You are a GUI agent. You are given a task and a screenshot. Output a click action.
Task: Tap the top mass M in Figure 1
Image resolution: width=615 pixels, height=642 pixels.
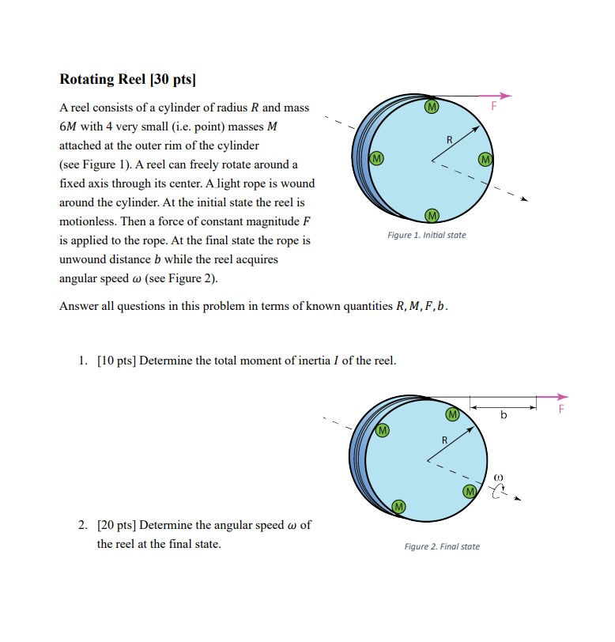coord(431,106)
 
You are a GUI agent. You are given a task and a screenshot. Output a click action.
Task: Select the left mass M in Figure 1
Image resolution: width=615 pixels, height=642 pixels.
coord(377,158)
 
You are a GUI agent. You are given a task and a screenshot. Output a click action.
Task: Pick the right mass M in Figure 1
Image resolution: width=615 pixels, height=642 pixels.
coord(485,159)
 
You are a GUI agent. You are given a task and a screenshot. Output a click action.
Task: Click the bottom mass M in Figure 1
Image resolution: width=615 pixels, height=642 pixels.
coord(431,215)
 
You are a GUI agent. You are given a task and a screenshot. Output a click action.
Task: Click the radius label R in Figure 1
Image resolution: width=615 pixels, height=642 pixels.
coord(450,140)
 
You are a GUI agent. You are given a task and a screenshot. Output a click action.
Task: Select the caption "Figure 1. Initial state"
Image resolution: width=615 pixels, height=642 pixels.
coord(426,235)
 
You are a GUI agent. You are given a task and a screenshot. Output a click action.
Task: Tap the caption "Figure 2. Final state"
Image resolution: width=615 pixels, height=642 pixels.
coord(441,546)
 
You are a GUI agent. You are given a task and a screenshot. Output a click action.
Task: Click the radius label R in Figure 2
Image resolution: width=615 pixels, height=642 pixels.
coord(444,440)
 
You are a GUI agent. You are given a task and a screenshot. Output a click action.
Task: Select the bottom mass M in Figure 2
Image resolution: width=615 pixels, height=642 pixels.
coord(398,506)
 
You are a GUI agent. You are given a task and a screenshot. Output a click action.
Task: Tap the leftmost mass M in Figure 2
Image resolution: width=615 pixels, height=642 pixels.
coord(383,431)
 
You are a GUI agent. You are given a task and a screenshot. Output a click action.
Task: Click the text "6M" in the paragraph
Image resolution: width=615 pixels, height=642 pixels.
coord(69,127)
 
